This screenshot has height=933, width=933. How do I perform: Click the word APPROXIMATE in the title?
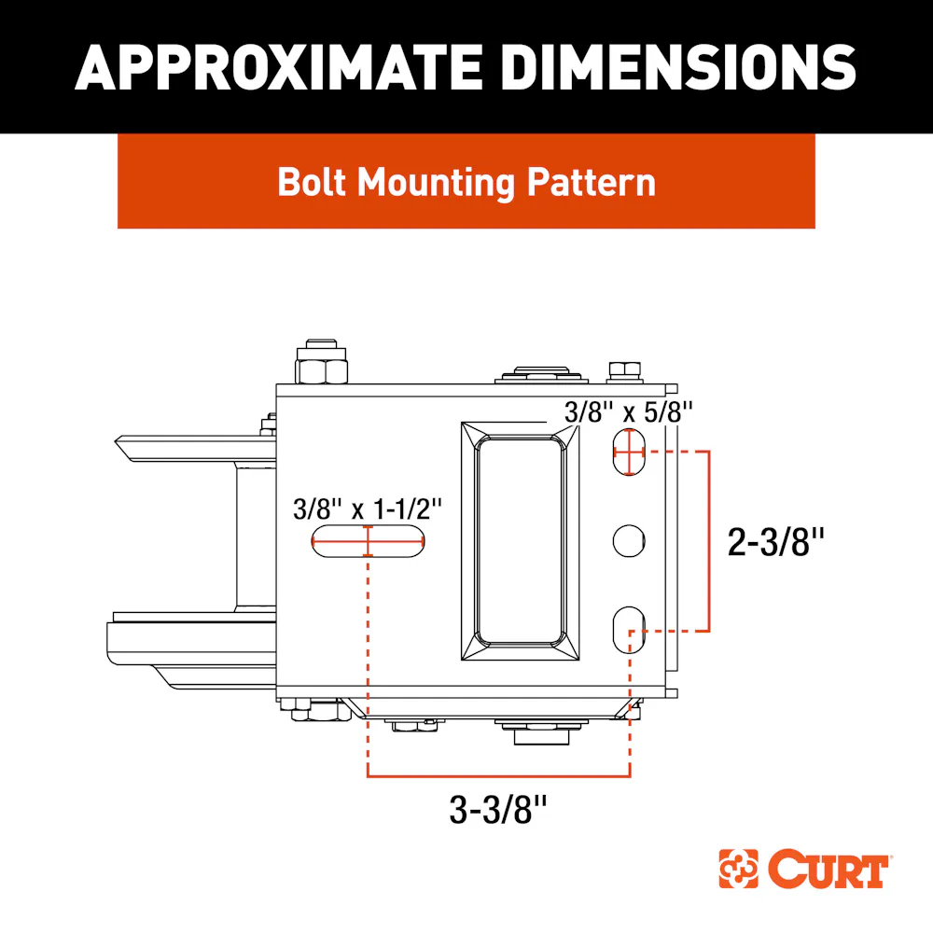pos(278,67)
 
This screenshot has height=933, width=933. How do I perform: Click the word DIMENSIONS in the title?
pos(679,67)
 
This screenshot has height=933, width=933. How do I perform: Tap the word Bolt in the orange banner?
pos(312,182)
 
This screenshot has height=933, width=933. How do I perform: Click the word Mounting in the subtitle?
pos(436,183)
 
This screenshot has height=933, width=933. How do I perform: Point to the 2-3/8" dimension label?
pos(776,542)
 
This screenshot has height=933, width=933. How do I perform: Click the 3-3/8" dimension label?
pos(498,809)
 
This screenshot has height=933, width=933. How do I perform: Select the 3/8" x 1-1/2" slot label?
pos(367,509)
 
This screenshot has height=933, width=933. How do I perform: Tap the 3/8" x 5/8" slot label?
pos(628,411)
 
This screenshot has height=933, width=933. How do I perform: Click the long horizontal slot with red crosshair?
pos(368,541)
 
